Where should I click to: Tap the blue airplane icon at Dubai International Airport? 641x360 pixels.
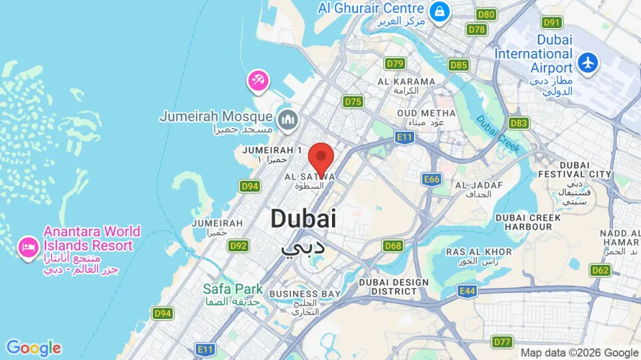(x=588, y=62)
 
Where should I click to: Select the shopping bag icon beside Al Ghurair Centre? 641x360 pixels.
(x=439, y=12)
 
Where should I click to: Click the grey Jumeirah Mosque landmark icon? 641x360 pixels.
(x=287, y=120)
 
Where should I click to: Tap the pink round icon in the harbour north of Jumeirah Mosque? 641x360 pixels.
(x=258, y=80)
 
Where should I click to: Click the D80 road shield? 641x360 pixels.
(x=487, y=14)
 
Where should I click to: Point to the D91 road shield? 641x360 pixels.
(x=552, y=22)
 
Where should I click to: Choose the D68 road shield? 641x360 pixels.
(x=393, y=246)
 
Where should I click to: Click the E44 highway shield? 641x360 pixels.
(x=467, y=291)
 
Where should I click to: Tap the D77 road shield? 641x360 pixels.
(x=502, y=341)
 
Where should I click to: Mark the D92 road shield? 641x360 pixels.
(x=238, y=246)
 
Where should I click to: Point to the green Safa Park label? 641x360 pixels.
(x=233, y=289)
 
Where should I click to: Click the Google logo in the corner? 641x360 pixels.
(x=33, y=348)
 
